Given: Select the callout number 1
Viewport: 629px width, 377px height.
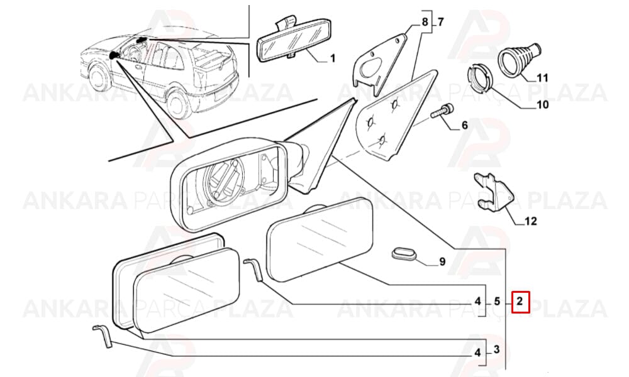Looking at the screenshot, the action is click(332, 59).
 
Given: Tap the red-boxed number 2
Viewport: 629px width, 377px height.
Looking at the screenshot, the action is click(520, 301).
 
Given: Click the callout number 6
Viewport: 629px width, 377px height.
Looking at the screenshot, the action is click(465, 126).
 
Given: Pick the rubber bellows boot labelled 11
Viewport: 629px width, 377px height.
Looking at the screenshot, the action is click(519, 59).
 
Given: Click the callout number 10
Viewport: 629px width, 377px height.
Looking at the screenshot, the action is click(543, 105).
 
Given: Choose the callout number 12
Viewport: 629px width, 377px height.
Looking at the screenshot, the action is click(530, 221).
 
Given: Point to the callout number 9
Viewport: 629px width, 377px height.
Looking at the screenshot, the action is click(442, 262).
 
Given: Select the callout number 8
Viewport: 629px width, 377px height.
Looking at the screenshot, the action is click(425, 22).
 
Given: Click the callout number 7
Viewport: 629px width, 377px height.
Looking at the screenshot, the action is click(440, 22).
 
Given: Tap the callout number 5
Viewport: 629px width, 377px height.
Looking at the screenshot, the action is click(497, 301).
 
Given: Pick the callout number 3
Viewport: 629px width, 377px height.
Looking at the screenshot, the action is click(497, 349).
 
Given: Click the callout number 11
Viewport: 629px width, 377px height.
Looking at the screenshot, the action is click(542, 78).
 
